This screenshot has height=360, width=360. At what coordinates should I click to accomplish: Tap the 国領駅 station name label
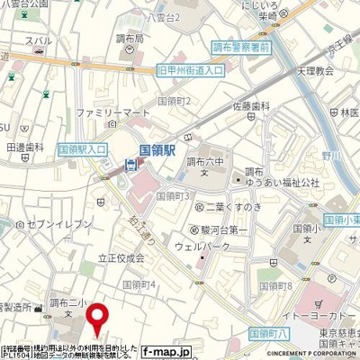(x=157, y=142)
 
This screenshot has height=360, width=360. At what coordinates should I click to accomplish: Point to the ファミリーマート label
(x=112, y=112)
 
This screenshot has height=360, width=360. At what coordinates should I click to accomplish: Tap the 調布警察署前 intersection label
(x=241, y=44)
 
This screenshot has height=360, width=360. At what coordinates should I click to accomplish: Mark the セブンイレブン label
(x=64, y=223)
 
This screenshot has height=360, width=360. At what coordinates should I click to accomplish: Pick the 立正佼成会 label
(x=121, y=257)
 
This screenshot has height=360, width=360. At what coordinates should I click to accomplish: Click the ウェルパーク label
(x=221, y=245)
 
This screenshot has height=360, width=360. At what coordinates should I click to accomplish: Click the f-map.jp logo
(x=167, y=352)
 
